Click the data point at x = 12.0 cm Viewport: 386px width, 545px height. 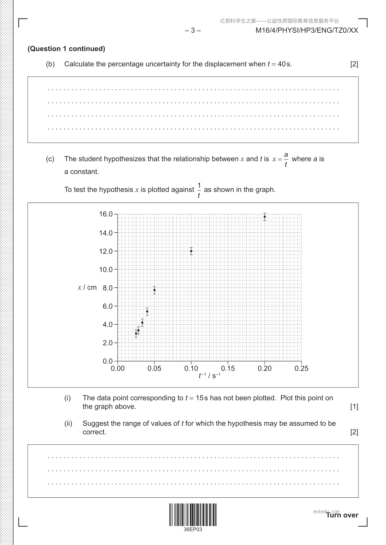pyautogui.click(x=191, y=251)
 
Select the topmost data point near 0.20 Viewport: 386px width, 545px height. pyautogui.click(x=265, y=217)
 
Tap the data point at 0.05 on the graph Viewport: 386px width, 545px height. pyautogui.click(x=155, y=290)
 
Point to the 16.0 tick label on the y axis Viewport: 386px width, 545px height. pyautogui.click(x=106, y=214)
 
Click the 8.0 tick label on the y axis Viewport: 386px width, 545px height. pyautogui.click(x=108, y=288)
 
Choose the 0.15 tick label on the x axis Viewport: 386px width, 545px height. pyautogui.click(x=228, y=368)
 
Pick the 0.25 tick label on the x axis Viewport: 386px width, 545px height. pyautogui.click(x=301, y=368)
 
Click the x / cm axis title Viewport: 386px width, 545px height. pyautogui.click(x=87, y=287)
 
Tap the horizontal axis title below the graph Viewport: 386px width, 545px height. pyautogui.click(x=209, y=376)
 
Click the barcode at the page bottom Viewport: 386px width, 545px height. pyautogui.click(x=193, y=515)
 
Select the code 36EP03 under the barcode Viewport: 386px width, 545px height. pyautogui.click(x=193, y=530)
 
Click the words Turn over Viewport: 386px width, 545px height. pyautogui.click(x=342, y=515)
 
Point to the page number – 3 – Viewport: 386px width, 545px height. pyautogui.click(x=193, y=30)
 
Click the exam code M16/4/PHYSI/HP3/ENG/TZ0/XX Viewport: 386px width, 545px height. pyautogui.click(x=307, y=30)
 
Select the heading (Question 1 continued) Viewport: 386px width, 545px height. pyautogui.click(x=66, y=49)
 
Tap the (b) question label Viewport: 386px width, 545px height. pyautogui.click(x=50, y=64)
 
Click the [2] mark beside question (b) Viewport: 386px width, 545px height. pyautogui.click(x=354, y=64)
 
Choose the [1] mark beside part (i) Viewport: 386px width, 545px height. pyautogui.click(x=354, y=406)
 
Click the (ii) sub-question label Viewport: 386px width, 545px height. pyautogui.click(x=68, y=423)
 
